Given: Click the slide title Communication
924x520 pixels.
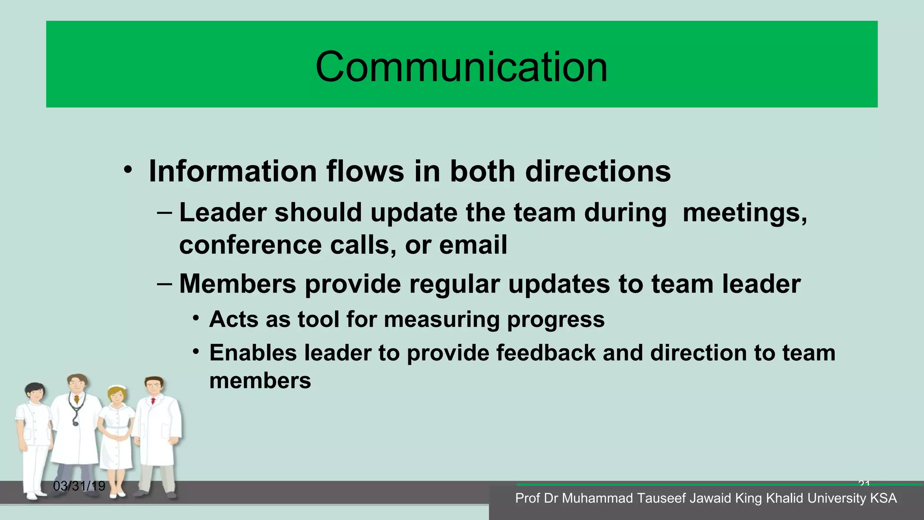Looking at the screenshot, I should [x=461, y=67].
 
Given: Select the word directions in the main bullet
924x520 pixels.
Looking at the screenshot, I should [x=598, y=172].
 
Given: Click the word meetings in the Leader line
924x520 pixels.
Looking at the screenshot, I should [x=744, y=213].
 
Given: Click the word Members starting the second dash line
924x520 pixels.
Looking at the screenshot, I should [x=237, y=284].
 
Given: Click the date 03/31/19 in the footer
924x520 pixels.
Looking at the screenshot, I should [x=79, y=486].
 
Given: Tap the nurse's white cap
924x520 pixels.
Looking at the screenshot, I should [x=118, y=387].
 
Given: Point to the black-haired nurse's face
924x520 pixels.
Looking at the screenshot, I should [x=36, y=393].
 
